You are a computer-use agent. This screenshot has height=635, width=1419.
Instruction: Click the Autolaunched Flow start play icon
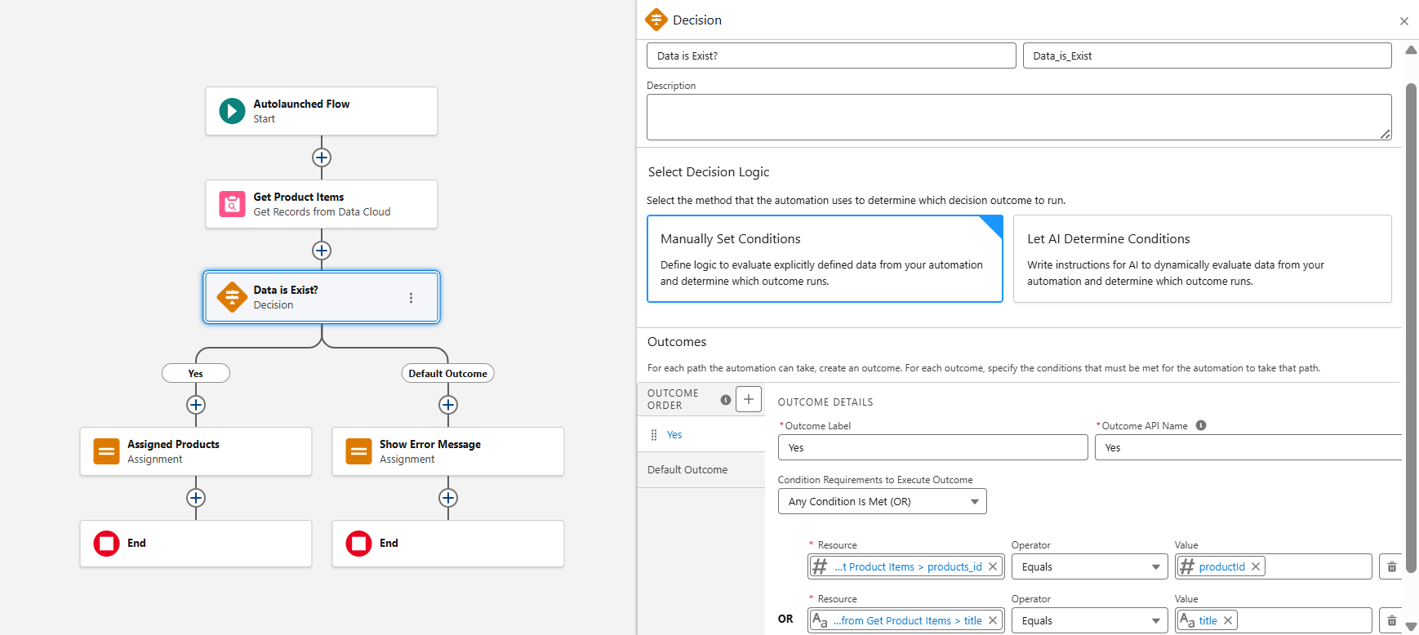[x=232, y=111]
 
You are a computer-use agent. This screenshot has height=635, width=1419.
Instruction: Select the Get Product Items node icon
[x=232, y=204]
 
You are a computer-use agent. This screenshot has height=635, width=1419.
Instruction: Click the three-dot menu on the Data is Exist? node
[x=411, y=298]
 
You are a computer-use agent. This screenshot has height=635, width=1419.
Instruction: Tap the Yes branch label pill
[x=196, y=373]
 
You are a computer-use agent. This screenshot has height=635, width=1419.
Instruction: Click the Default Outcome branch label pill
[x=447, y=373]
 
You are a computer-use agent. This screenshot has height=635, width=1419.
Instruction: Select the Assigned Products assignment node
[x=196, y=451]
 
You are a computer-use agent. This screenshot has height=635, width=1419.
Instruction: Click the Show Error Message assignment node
[x=447, y=451]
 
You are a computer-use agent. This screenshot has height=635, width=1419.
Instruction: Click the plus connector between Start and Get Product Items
[x=322, y=158]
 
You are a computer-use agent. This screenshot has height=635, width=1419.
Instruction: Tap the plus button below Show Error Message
[x=447, y=498]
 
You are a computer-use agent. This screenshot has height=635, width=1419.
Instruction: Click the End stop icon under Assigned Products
[x=107, y=544]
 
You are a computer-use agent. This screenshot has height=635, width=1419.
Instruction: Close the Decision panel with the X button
[x=1404, y=21]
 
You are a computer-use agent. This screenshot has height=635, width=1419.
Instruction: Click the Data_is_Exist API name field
[x=1207, y=56]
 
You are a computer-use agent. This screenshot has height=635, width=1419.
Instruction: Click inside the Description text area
[x=1018, y=117]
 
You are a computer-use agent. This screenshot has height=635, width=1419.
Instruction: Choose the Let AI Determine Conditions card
[x=1202, y=259]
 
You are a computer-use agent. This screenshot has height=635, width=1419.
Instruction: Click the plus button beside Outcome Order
[x=749, y=399]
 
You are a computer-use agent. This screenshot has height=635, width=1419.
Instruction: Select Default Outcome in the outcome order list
[x=687, y=469]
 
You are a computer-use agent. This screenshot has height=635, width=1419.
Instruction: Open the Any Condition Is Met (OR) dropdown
[x=882, y=501]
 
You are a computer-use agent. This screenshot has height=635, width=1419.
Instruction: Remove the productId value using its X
[x=1256, y=566]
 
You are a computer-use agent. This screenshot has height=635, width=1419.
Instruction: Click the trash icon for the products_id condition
[x=1392, y=566]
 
